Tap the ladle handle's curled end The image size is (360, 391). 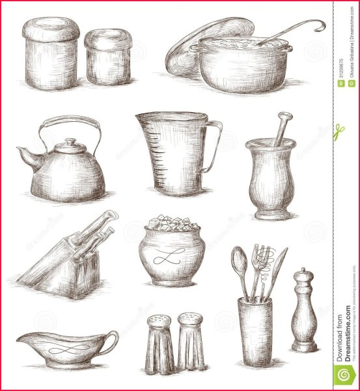[319, 25]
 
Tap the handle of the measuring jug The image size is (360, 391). [213, 146]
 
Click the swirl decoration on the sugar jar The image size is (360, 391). [171, 256]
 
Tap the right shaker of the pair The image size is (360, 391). [191, 342]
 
